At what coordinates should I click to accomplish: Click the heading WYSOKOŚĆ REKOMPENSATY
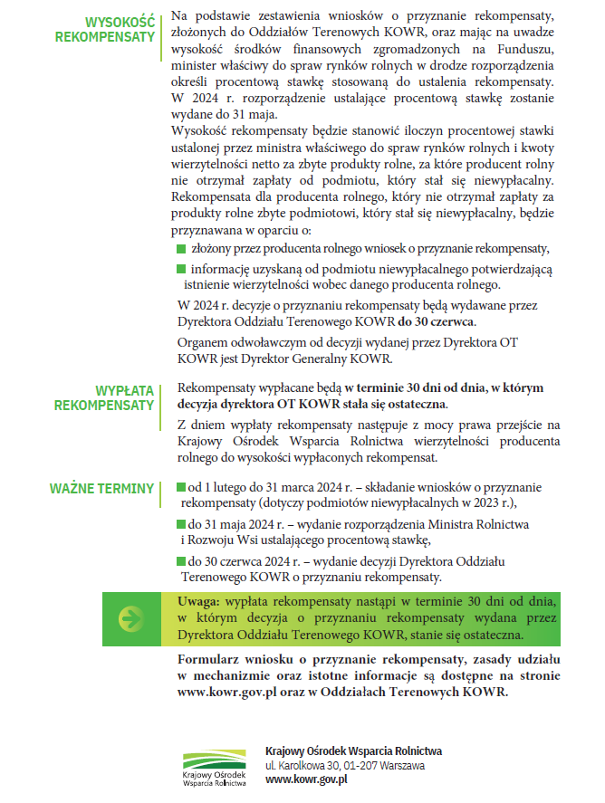pyautogui.click(x=105, y=29)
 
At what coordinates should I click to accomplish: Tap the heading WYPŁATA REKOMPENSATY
pyautogui.click(x=105, y=397)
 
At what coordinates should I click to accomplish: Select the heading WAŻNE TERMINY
pyautogui.click(x=102, y=490)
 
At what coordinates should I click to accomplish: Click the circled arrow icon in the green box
pyautogui.click(x=132, y=619)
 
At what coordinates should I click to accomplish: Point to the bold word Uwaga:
pyautogui.click(x=198, y=602)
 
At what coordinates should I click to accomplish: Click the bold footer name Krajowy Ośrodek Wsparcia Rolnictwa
pyautogui.click(x=354, y=750)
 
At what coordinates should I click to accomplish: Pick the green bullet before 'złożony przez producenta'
pyautogui.click(x=182, y=248)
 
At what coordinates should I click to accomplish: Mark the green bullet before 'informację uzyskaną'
pyautogui.click(x=182, y=269)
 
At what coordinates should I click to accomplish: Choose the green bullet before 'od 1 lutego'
pyautogui.click(x=182, y=488)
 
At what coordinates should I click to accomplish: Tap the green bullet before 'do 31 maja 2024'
pyautogui.click(x=182, y=524)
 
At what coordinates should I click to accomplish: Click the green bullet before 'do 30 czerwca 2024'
pyautogui.click(x=182, y=561)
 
